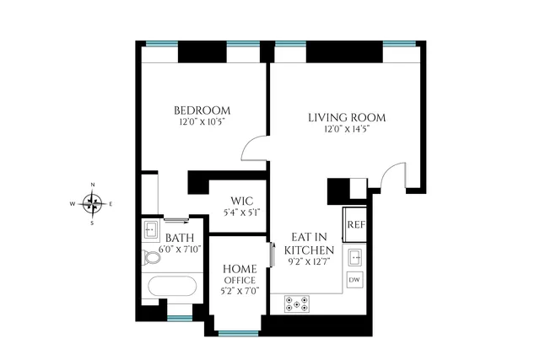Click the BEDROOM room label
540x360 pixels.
[x=202, y=110]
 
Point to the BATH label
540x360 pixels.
[x=180, y=239]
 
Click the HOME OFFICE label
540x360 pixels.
[x=239, y=273]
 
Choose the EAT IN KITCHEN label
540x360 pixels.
[x=310, y=244]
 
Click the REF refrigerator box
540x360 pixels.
[x=355, y=225]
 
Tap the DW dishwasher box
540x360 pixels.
[x=355, y=280]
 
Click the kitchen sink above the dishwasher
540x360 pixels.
[x=355, y=256]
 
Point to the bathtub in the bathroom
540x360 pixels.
[x=173, y=287]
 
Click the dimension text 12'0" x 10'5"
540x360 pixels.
[x=202, y=122]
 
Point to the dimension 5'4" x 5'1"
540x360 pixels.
[x=240, y=212]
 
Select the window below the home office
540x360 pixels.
[x=239, y=333]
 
